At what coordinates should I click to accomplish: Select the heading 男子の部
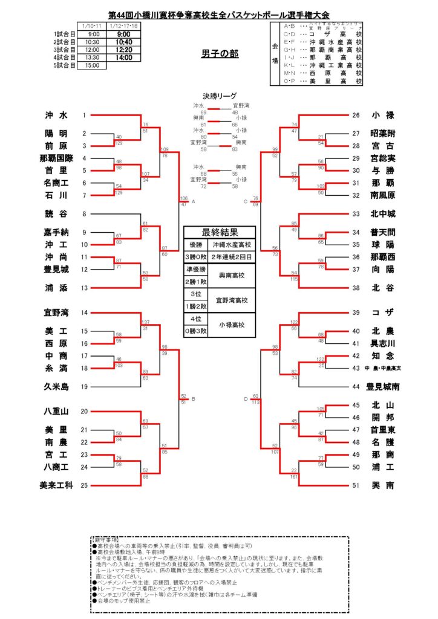[220, 54]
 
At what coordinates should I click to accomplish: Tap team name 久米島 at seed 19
[56, 386]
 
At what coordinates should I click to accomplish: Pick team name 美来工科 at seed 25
[56, 485]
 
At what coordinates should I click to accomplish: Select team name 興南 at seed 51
[384, 485]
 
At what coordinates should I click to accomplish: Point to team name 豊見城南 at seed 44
[382, 386]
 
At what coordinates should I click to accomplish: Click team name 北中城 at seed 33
[382, 214]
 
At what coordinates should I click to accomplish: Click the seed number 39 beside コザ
[356, 313]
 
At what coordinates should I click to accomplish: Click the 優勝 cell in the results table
[195, 245]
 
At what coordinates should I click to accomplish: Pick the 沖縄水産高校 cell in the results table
[232, 245]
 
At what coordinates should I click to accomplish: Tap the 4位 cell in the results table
[195, 319]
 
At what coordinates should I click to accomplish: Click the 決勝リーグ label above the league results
[219, 96]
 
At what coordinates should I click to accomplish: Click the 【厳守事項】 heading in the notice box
[106, 537]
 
